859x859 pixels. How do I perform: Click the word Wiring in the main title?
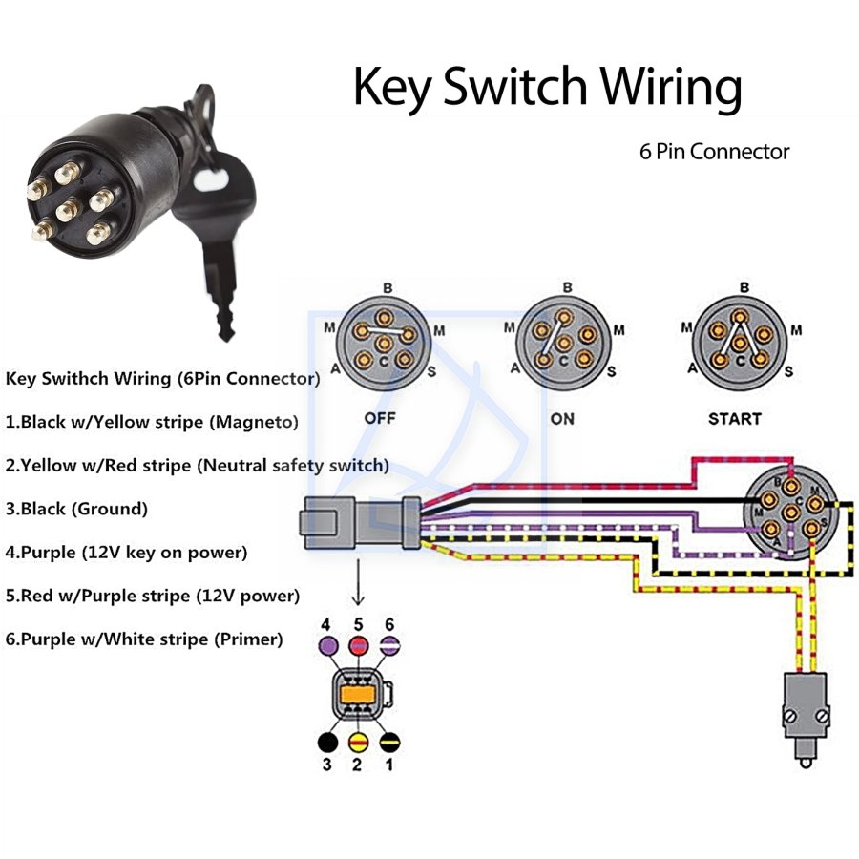671,86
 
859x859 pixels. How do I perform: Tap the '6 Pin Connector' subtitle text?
714,152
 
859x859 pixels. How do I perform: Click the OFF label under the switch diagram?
380,419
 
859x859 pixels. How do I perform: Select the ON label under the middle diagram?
562,419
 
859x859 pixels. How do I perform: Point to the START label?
735,419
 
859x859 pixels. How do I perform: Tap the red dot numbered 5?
358,645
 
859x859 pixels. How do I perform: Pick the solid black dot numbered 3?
327,743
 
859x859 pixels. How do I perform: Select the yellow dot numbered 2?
358,743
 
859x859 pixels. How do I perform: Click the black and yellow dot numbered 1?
389,743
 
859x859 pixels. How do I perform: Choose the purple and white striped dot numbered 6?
389,645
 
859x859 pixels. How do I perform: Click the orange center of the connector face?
357,695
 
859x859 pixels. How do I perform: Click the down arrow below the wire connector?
358,582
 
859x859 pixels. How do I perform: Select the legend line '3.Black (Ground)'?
76,509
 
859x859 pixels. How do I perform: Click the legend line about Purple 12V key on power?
127,553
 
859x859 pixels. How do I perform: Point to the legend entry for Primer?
144,639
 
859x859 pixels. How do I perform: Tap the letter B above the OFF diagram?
388,288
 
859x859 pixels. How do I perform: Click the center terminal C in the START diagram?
740,344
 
